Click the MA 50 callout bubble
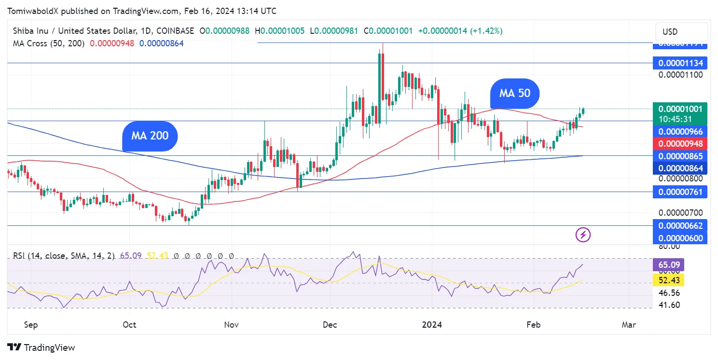coord(514,93)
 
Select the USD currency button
coord(670,32)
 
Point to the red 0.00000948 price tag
coord(680,143)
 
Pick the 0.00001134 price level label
coord(680,63)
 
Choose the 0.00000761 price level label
coord(680,192)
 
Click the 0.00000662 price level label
coord(680,225)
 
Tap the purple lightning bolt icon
coord(583,235)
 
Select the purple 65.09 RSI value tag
coord(668,264)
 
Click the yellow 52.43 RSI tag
coord(668,280)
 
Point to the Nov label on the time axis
coord(232,325)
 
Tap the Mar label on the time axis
coord(629,325)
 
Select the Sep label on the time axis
coord(31,325)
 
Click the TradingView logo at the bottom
coord(41,347)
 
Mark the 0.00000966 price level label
coord(680,131)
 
